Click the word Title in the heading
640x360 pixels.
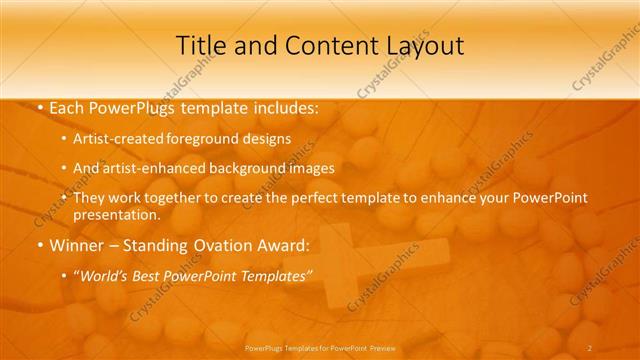tap(199, 45)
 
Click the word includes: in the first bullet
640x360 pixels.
tap(283, 107)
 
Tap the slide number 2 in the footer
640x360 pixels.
tap(591, 349)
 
